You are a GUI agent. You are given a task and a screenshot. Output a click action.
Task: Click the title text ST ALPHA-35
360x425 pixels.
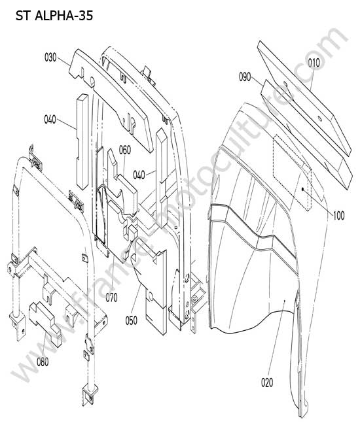(54, 16)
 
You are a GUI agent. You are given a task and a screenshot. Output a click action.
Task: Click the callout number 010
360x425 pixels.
(314, 63)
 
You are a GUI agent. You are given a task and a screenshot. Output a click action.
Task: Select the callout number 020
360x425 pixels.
(267, 382)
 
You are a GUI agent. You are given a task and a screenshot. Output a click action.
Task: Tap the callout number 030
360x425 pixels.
(50, 58)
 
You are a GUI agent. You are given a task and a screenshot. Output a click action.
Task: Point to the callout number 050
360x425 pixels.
(132, 320)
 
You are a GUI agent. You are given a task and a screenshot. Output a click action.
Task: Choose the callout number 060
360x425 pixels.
(125, 150)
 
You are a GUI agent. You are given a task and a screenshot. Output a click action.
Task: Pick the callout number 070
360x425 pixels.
(111, 297)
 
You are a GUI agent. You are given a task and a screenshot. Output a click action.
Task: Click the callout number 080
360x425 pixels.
(43, 362)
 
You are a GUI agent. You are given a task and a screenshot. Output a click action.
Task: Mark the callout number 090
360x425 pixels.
(245, 77)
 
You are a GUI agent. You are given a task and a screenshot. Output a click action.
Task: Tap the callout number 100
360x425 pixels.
(338, 216)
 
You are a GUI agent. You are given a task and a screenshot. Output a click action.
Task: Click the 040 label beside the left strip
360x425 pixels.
(50, 120)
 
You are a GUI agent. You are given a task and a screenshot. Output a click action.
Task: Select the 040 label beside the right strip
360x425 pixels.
(139, 175)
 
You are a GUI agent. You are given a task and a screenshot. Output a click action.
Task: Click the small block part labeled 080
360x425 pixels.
(46, 324)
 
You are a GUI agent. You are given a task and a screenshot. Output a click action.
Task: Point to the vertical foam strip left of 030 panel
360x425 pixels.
(82, 141)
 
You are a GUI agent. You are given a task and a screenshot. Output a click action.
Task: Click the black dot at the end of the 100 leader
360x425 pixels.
(303, 189)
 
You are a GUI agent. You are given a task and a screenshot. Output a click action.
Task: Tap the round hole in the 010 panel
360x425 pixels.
(319, 118)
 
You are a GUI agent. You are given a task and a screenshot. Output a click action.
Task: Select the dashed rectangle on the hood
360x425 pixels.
(292, 173)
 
